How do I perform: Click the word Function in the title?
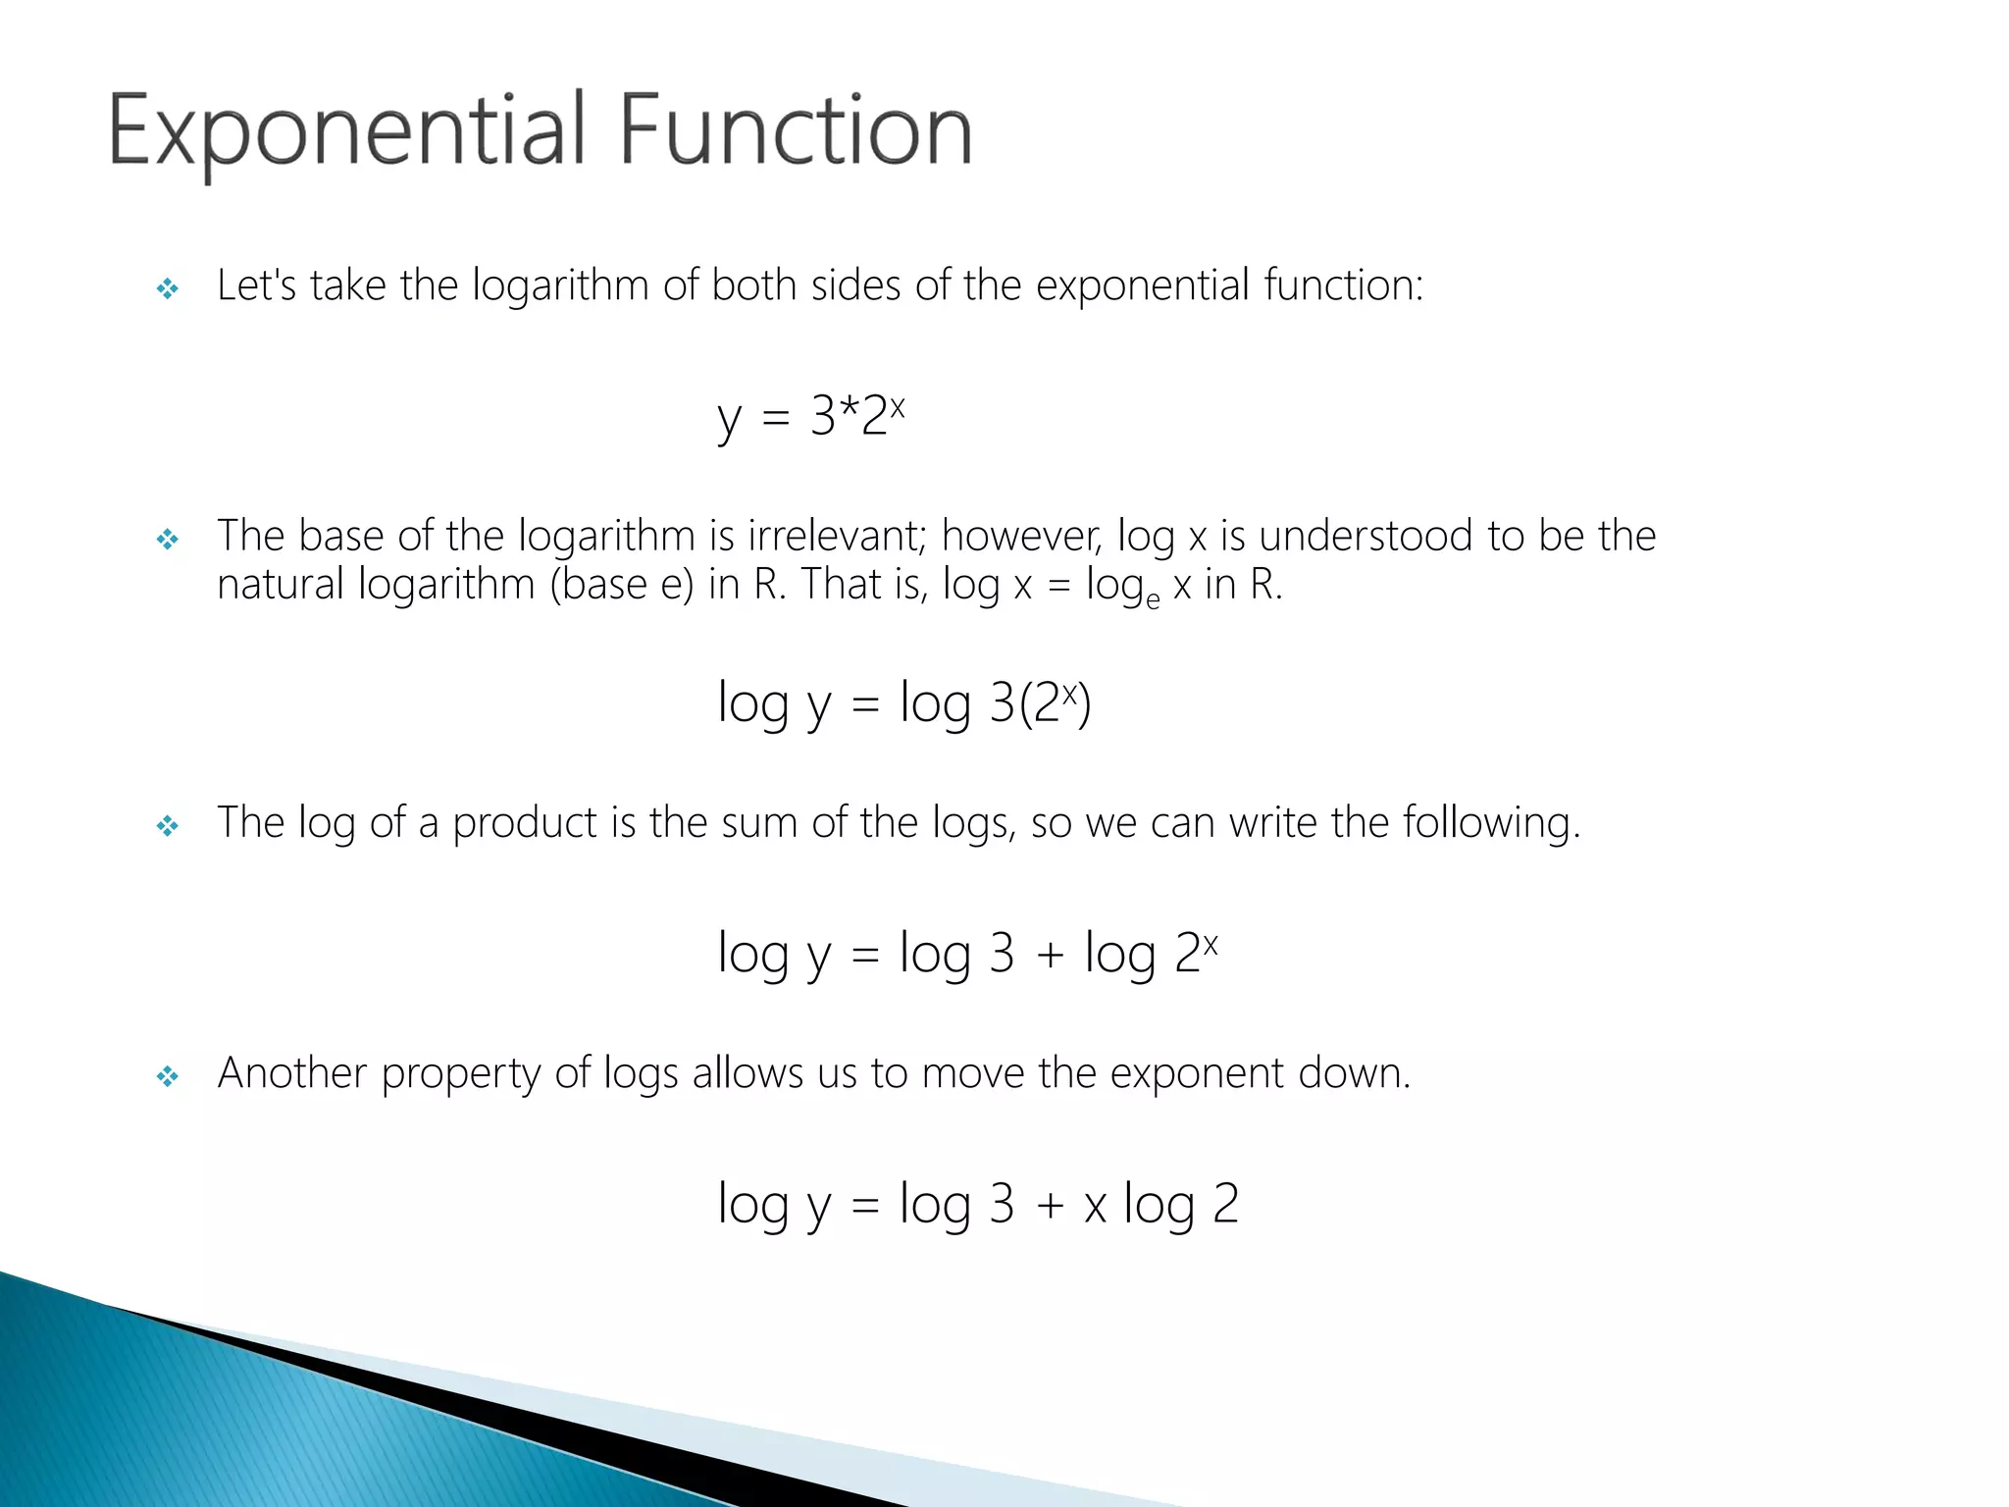[x=796, y=131]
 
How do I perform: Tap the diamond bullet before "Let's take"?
[x=168, y=288]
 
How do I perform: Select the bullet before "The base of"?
[x=168, y=539]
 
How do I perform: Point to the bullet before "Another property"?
[x=168, y=1077]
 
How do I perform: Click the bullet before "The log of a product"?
[x=168, y=826]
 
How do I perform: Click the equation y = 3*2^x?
[x=810, y=416]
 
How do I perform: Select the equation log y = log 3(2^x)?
[x=903, y=702]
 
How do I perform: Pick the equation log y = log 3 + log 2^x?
[x=967, y=953]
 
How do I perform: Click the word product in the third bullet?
[x=524, y=823]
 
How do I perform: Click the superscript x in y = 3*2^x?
[x=897, y=404]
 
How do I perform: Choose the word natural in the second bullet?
[x=281, y=585]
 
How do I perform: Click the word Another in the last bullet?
[x=292, y=1073]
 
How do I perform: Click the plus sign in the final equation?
[x=1050, y=1206]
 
